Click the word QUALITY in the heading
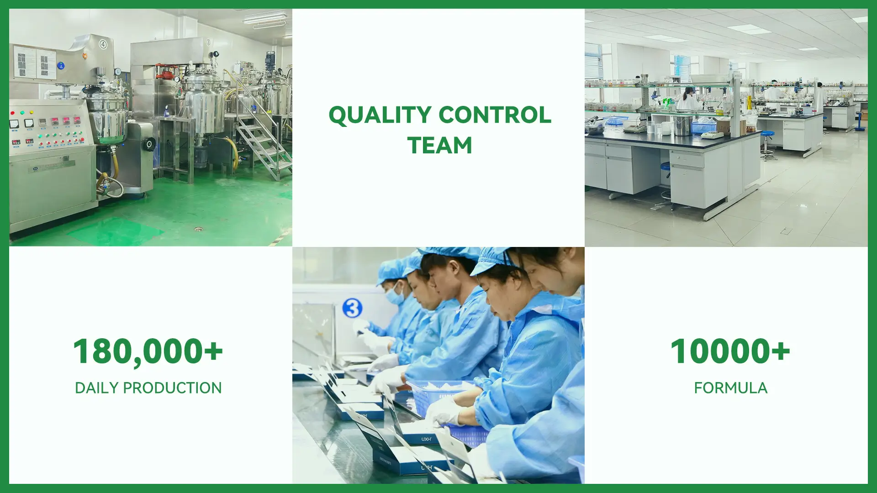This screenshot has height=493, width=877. [x=380, y=115]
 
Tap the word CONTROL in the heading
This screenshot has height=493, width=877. [x=495, y=115]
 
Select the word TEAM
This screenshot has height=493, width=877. [x=440, y=146]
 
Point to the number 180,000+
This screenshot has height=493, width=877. [x=148, y=352]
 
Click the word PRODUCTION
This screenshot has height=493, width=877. [x=172, y=388]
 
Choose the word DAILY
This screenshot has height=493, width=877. [x=97, y=388]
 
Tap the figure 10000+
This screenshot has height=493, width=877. [x=730, y=351]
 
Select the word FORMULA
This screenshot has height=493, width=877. [x=730, y=388]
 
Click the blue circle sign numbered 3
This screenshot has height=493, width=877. [x=352, y=309]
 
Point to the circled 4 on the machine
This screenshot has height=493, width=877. [x=103, y=44]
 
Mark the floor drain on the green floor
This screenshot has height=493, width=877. [x=198, y=228]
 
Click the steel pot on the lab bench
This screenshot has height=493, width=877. [x=682, y=126]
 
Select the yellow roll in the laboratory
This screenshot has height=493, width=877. [x=749, y=103]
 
